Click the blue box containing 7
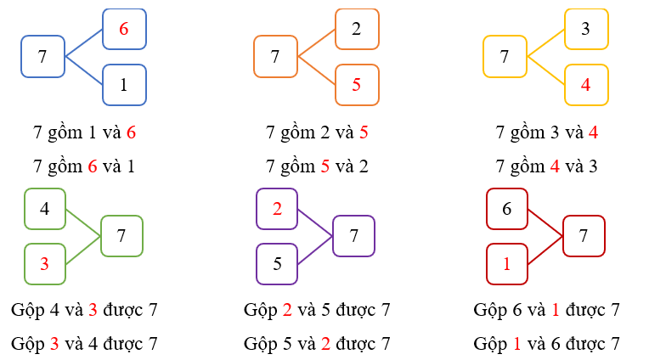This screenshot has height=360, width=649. tap(42, 57)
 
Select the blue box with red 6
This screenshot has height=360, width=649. tap(124, 29)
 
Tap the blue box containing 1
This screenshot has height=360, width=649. tap(124, 85)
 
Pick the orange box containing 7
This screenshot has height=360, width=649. tap(275, 57)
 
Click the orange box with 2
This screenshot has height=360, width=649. tap(357, 29)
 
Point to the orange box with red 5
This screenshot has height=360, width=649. tap(357, 85)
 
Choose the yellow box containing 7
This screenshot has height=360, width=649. tap(505, 57)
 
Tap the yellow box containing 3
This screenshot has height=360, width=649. tap(586, 29)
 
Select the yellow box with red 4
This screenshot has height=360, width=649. tap(586, 85)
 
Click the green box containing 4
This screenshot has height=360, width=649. tap(45, 208)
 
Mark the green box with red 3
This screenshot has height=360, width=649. tap(45, 263)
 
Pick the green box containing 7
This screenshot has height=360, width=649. tap(121, 236)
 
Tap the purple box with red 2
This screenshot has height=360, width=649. tap(277, 208)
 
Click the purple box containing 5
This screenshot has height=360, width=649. tap(277, 263)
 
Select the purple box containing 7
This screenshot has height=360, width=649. tap(354, 236)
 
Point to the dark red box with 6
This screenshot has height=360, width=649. tap(507, 208)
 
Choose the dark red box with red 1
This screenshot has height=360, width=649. tap(507, 263)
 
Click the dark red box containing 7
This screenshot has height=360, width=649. tap(584, 236)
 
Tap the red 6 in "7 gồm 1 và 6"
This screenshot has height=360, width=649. tap(131, 132)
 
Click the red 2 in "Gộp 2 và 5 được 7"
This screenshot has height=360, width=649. tap(287, 310)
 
